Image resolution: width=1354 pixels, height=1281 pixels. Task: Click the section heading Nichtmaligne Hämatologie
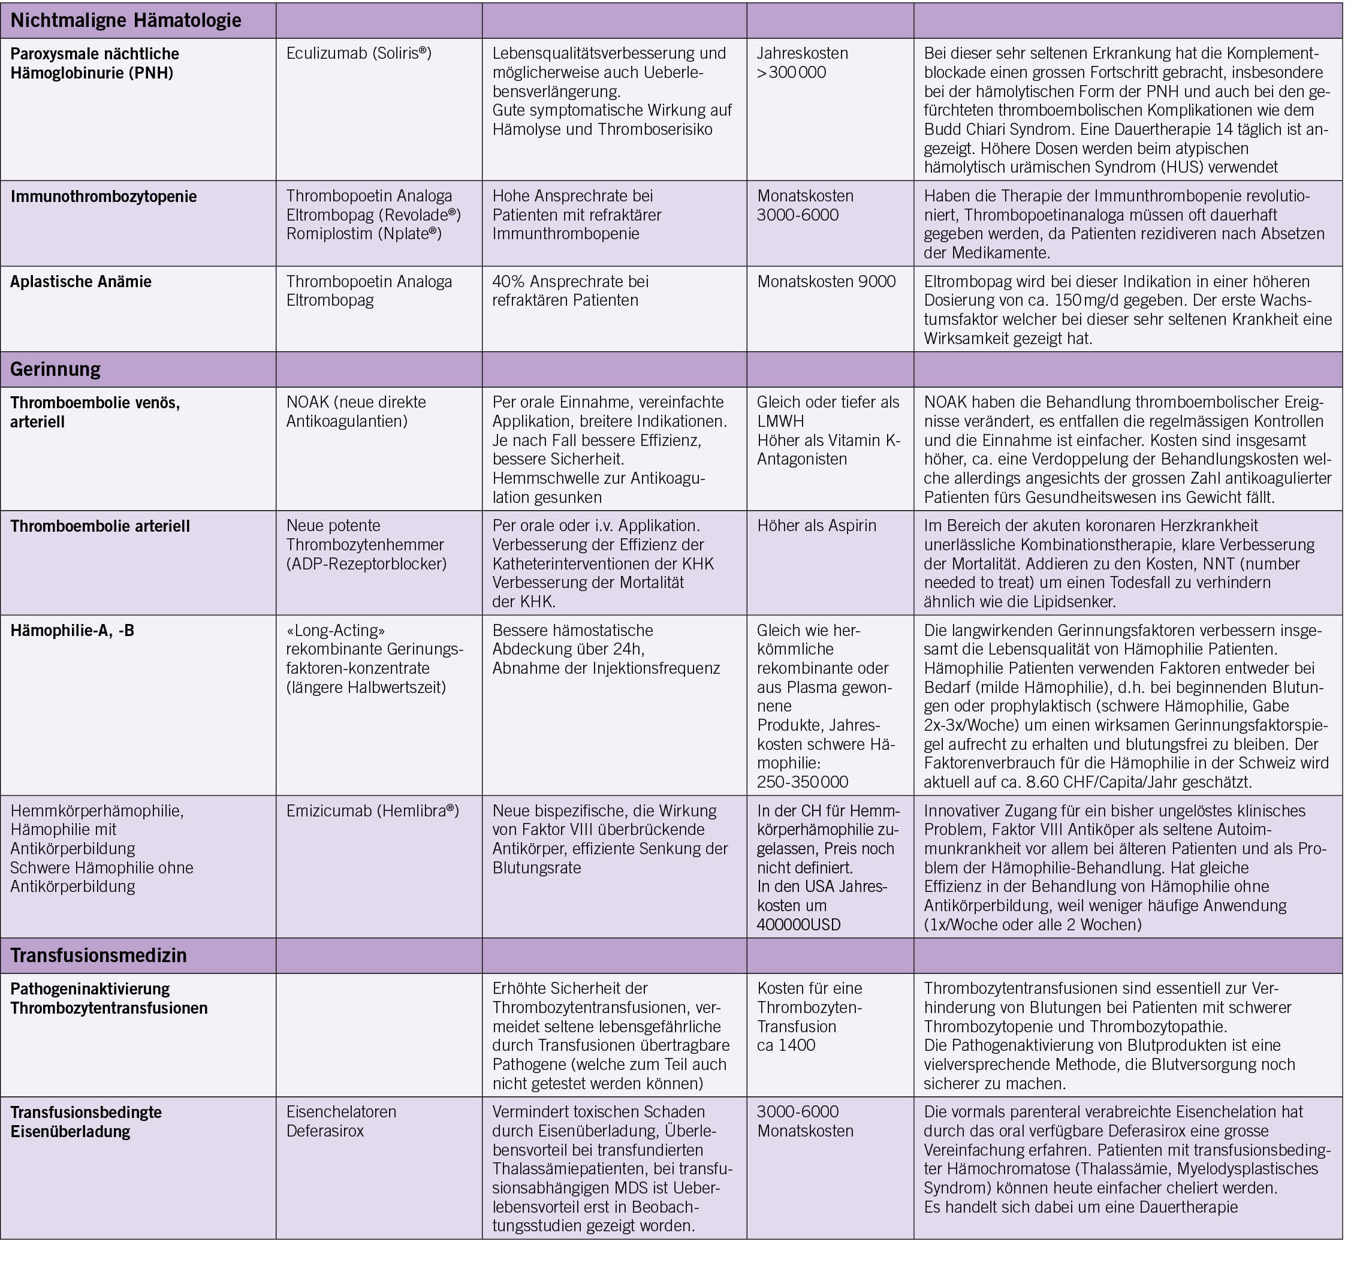point(126,20)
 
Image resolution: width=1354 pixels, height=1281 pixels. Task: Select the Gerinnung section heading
point(55,369)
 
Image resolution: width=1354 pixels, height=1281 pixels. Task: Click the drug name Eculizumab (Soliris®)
point(358,53)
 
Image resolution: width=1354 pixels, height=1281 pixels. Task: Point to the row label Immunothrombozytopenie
point(103,197)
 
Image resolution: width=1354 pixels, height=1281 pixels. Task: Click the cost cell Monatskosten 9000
point(826,281)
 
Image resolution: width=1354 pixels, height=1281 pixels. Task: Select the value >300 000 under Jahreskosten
point(791,73)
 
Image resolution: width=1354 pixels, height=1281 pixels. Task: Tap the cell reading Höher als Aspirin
point(816,526)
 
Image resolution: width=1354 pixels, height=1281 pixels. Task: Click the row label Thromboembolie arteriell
point(99,526)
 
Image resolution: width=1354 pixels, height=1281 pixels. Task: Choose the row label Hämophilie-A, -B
point(73,630)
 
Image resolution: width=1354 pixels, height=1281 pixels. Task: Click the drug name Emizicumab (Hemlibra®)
point(372,810)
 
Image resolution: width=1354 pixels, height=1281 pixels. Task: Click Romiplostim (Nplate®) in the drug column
point(364,234)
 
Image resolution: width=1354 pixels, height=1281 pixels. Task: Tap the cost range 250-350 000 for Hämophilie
point(803,782)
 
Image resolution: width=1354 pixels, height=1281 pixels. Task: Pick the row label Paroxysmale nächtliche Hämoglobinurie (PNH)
point(94,64)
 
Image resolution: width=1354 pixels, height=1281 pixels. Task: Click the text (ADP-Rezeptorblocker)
point(367,564)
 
